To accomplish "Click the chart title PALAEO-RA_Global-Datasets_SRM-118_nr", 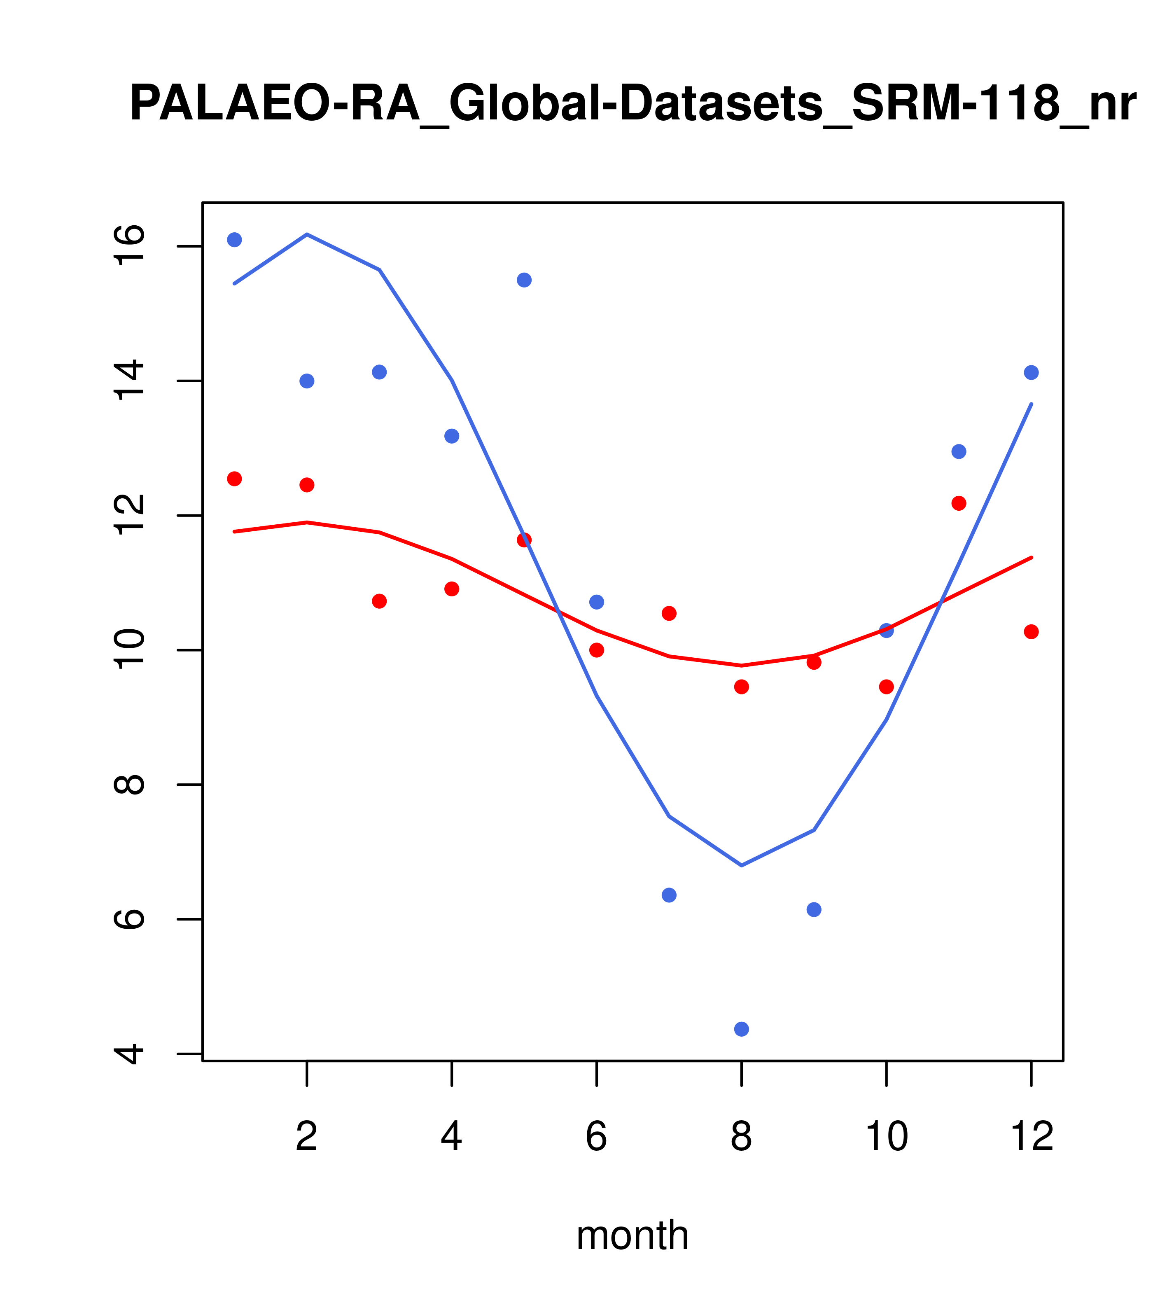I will (x=633, y=104).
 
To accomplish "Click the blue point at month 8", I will (x=741, y=1029).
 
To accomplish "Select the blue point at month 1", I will (x=234, y=240).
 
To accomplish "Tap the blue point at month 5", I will (x=524, y=280).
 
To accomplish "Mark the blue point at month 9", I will (x=814, y=910).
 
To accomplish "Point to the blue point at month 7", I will (x=669, y=895).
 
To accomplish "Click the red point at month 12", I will (x=1032, y=632).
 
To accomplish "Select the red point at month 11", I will (x=959, y=503).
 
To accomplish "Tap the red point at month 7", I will (x=669, y=614).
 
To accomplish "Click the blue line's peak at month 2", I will (x=307, y=234).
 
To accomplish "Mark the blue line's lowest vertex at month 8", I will (x=741, y=866).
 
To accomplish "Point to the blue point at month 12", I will (x=1032, y=373).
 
